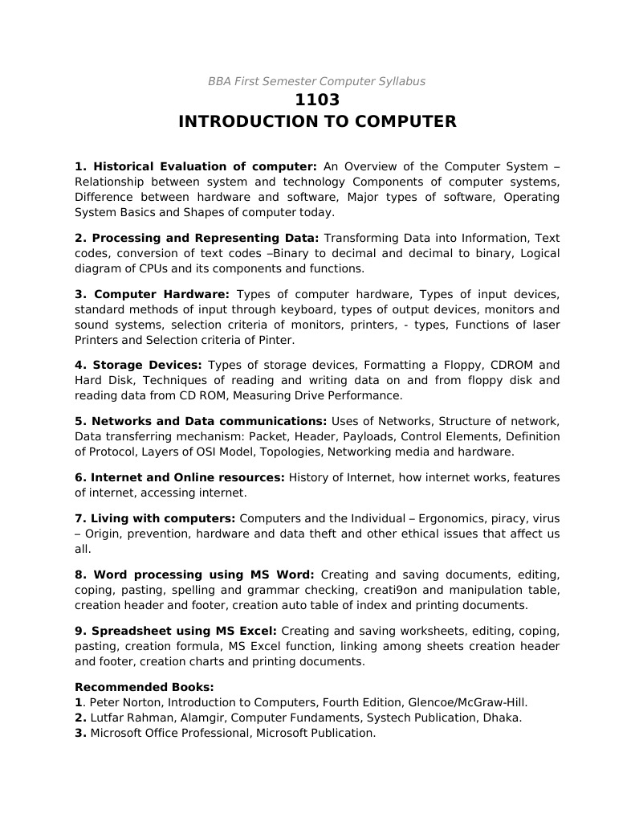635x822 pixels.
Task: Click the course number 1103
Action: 317,100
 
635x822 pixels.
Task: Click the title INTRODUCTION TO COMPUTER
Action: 317,122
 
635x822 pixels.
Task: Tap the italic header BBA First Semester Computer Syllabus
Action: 316,81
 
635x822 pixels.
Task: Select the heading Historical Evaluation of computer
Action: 196,166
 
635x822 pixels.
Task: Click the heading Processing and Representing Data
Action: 197,238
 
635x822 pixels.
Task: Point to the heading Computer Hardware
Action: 152,294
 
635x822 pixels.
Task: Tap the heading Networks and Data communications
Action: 201,421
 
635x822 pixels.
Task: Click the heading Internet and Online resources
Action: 180,477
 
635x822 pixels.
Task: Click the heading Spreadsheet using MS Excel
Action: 176,631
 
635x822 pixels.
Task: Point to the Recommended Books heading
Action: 145,687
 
